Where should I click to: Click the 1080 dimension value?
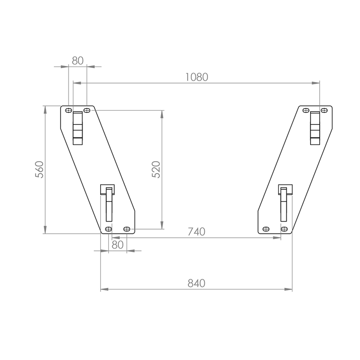196,77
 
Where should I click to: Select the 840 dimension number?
196,283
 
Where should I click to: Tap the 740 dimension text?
196,232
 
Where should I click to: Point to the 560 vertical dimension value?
39,170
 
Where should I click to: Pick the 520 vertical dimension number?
156,170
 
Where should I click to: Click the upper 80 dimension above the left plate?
78,61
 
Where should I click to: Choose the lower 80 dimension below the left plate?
117,245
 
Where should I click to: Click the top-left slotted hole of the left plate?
68,110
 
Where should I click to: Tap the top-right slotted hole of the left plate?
87,110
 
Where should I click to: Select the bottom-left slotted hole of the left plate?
108,229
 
